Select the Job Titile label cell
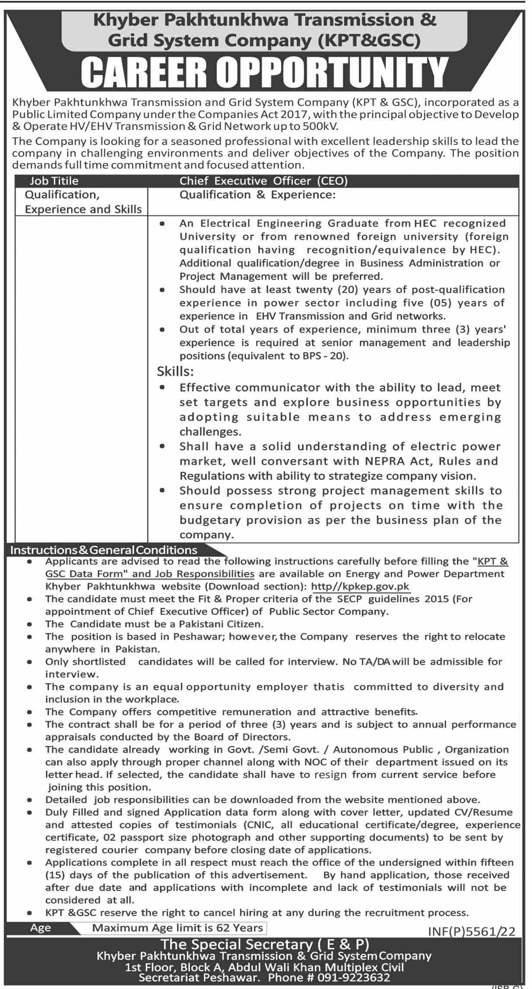(x=54, y=181)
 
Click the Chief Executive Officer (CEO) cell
(x=263, y=181)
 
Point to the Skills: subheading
(x=175, y=371)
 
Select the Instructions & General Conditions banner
(x=104, y=550)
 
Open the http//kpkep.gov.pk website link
(x=360, y=587)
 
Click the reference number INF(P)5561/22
(x=471, y=931)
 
